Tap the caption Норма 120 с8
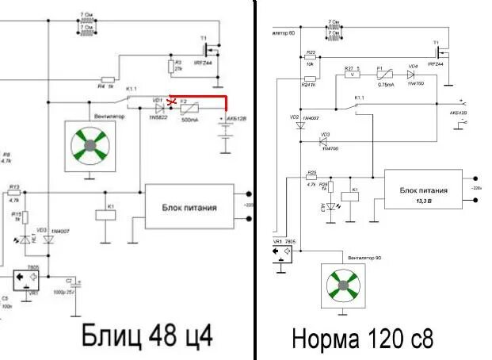click(363, 339)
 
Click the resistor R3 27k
click(171, 65)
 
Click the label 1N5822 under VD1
click(158, 118)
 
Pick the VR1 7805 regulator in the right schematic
click(282, 253)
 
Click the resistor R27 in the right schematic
click(352, 74)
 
